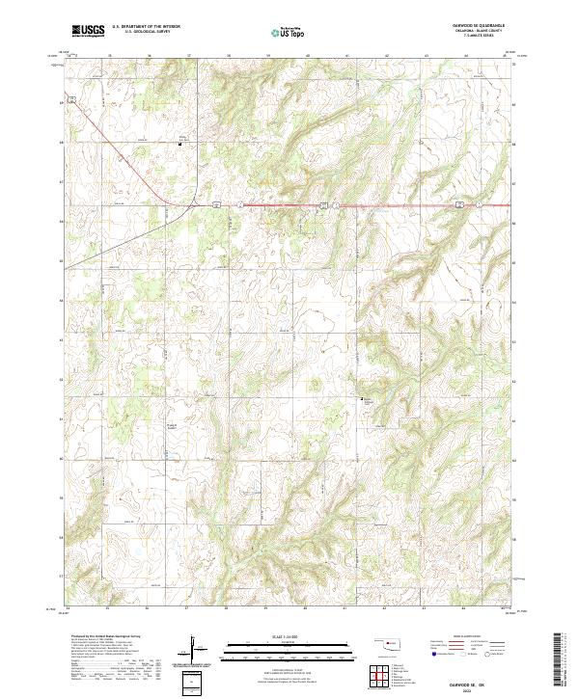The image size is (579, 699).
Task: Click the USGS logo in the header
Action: tap(88, 31)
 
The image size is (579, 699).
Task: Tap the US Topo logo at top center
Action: tap(281, 32)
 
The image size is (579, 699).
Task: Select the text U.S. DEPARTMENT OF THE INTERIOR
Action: tap(146, 27)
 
